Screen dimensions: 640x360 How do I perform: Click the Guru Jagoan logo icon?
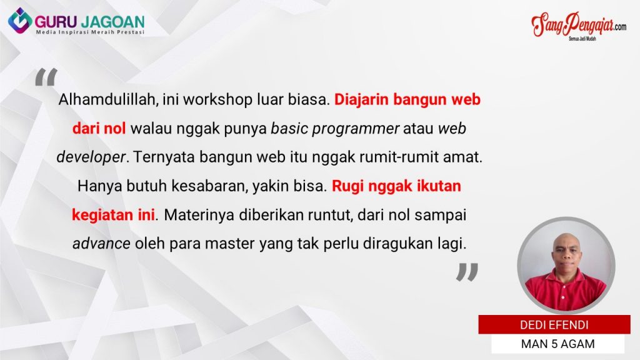20,21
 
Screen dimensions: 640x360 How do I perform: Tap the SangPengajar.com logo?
579,26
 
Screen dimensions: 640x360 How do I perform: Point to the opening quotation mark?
46,77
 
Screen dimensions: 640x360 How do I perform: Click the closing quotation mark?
467,272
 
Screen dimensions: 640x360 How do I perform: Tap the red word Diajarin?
361,100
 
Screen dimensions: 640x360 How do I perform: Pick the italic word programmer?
355,129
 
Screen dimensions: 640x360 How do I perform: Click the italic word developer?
91,157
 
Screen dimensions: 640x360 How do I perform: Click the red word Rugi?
347,186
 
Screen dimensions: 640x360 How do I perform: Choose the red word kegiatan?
107,215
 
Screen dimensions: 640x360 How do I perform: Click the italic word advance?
102,244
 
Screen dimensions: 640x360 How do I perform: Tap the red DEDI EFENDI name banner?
554,325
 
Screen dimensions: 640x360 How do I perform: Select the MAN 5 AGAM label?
557,344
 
